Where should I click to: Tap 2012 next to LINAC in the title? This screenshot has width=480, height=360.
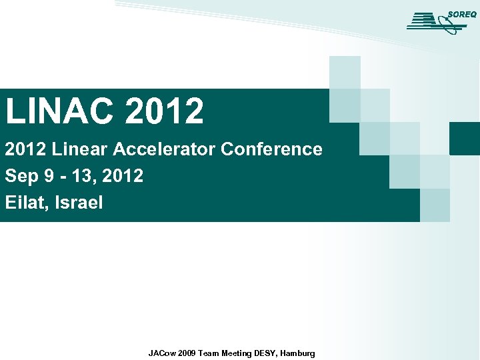[x=163, y=111]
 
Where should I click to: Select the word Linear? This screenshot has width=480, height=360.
[x=83, y=149]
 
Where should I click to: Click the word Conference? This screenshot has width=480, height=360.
[x=271, y=149]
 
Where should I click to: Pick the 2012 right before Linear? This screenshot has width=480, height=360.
[x=26, y=149]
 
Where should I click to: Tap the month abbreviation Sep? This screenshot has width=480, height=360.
[x=20, y=177]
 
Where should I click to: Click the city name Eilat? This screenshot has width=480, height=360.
[x=25, y=203]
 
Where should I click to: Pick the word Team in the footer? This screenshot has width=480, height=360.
[x=209, y=353]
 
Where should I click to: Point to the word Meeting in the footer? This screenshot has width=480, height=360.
[x=237, y=353]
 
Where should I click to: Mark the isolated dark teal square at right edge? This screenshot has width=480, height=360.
[x=465, y=138]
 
